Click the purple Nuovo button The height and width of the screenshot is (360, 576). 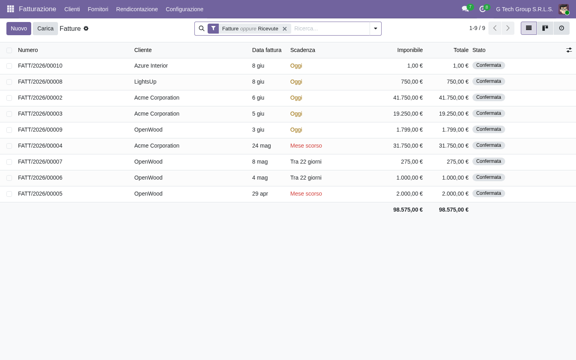[19, 28]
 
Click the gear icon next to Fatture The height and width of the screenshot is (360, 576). [86, 28]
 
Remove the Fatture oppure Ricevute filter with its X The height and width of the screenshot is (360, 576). [285, 29]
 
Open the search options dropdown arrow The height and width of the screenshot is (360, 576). [376, 28]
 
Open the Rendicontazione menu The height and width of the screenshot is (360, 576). [137, 9]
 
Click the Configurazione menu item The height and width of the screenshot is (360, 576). [184, 9]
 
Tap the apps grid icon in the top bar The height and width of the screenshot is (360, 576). [10, 9]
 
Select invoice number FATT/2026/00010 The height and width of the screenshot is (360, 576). [40, 66]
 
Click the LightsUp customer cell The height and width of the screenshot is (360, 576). [145, 82]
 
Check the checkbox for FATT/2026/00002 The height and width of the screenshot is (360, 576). [9, 98]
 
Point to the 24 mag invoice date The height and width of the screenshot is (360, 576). [262, 146]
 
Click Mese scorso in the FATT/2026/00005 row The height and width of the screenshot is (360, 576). [306, 194]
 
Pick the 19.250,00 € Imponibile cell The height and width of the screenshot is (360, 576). [408, 114]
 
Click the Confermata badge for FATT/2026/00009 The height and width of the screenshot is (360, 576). [488, 129]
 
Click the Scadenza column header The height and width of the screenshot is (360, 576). [303, 50]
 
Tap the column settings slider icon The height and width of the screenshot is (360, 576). [569, 50]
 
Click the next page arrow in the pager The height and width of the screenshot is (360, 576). [508, 28]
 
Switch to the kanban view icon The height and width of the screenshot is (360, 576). [545, 28]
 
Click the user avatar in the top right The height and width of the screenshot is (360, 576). [564, 9]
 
